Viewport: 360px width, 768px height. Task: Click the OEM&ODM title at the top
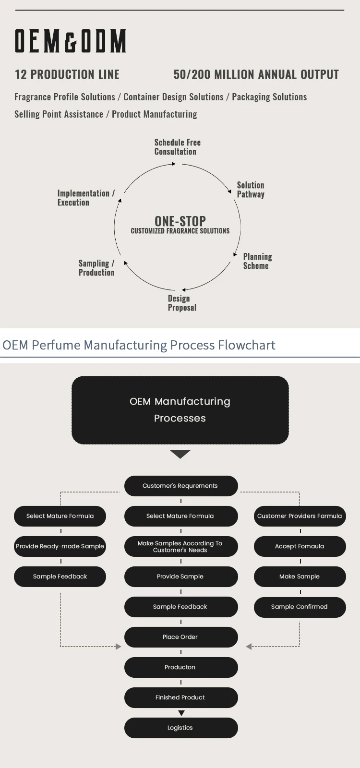tap(71, 41)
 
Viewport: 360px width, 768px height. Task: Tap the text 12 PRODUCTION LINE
tap(67, 74)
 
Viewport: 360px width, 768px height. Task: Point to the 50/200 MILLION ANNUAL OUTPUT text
tap(256, 74)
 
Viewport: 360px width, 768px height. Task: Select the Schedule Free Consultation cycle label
tap(177, 147)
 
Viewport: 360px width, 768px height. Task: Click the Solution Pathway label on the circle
tap(251, 190)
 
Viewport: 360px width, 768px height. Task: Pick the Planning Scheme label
tap(257, 261)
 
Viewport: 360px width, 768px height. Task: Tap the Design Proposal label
tap(182, 303)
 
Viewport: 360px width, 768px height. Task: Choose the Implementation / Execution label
tap(85, 198)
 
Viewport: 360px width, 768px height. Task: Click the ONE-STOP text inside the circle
tap(180, 221)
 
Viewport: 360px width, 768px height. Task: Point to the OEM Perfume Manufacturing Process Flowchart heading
tap(139, 345)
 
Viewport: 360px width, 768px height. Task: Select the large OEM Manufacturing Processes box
tap(180, 410)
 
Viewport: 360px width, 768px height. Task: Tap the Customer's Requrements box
tap(180, 486)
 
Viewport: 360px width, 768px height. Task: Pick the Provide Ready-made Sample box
tap(60, 546)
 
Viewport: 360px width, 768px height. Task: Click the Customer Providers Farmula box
tap(300, 516)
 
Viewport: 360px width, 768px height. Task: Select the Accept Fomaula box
tap(300, 546)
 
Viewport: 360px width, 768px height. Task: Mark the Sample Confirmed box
tap(300, 607)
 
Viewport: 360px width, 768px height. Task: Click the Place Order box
tap(180, 637)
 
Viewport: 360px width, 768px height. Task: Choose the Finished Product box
tap(180, 697)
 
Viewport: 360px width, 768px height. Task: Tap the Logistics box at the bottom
tap(180, 728)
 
